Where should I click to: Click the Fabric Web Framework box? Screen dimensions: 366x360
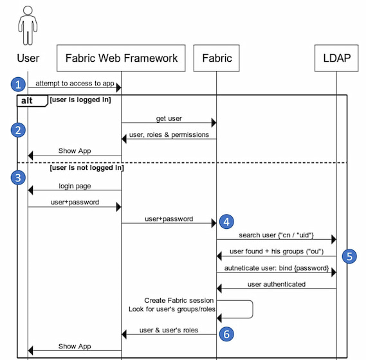pyautogui.click(x=121, y=58)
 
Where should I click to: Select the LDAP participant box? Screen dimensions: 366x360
pyautogui.click(x=336, y=58)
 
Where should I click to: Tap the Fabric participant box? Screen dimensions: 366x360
pyautogui.click(x=216, y=58)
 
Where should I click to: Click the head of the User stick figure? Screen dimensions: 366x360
pyautogui.click(x=28, y=10)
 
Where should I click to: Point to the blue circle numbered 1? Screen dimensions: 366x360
pyautogui.click(x=18, y=84)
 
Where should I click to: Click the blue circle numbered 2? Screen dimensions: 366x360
pyautogui.click(x=18, y=130)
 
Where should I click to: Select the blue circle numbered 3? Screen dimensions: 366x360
pyautogui.click(x=18, y=177)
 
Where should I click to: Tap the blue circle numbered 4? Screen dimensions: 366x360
pyautogui.click(x=226, y=222)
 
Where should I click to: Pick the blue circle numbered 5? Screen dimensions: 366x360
pyautogui.click(x=349, y=256)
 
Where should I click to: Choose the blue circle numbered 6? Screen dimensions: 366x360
pyautogui.click(x=226, y=334)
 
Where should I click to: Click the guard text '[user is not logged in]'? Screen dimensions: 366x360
pyautogui.click(x=87, y=168)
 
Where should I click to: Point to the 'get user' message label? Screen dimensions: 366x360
pyautogui.click(x=169, y=118)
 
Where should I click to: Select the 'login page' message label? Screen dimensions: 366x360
pyautogui.click(x=75, y=186)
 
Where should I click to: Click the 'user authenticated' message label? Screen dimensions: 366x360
pyautogui.click(x=277, y=284)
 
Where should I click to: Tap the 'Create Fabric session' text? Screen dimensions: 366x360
pyautogui.click(x=179, y=300)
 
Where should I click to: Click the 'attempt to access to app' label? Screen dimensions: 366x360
pyautogui.click(x=75, y=84)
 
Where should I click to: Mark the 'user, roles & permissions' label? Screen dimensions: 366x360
pyautogui.click(x=169, y=135)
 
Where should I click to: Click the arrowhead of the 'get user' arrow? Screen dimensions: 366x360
pyautogui.click(x=214, y=123)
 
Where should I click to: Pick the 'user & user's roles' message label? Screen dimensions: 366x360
pyautogui.click(x=169, y=330)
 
